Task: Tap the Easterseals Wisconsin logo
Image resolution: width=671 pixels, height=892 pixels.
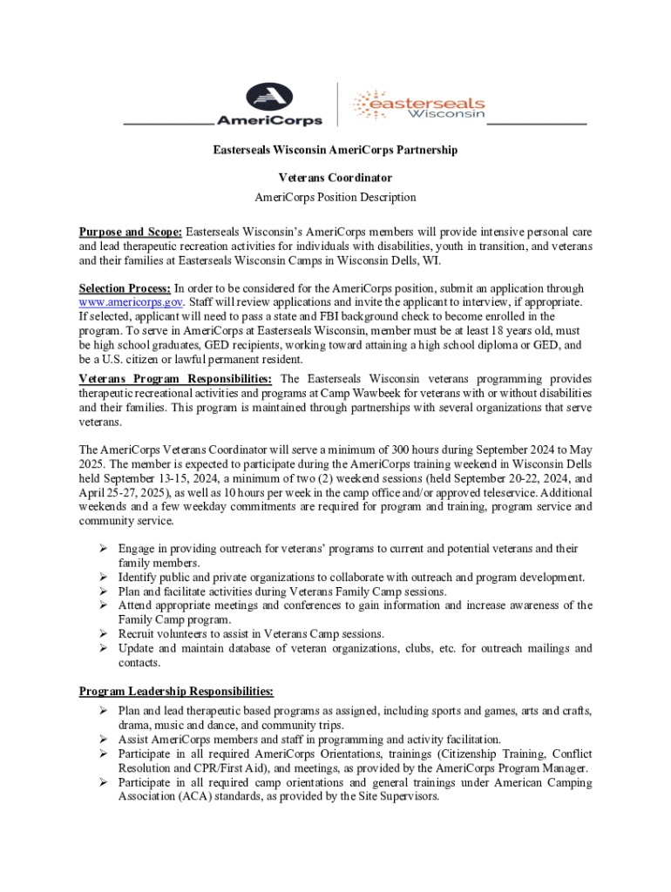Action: click(x=418, y=105)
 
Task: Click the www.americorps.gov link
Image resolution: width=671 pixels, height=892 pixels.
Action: click(x=131, y=302)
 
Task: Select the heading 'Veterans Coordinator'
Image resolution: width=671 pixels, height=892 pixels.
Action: click(x=335, y=178)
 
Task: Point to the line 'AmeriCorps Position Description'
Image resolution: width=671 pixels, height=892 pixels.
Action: click(x=335, y=198)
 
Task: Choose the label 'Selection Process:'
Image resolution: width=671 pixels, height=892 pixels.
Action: click(x=125, y=288)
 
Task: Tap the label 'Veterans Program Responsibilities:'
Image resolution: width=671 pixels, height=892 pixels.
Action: click(x=176, y=379)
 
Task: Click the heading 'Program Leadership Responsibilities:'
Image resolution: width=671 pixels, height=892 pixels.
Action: click(x=176, y=692)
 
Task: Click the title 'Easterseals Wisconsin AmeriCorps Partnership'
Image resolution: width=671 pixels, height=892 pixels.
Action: click(x=335, y=150)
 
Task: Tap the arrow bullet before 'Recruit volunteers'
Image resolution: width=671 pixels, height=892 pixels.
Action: click(x=102, y=634)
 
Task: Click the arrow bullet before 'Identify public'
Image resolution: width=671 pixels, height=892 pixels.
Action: click(x=102, y=578)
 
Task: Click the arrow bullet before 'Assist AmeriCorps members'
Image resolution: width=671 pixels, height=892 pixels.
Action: click(x=102, y=740)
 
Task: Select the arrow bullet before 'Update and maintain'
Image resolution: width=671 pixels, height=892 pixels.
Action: click(x=102, y=649)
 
